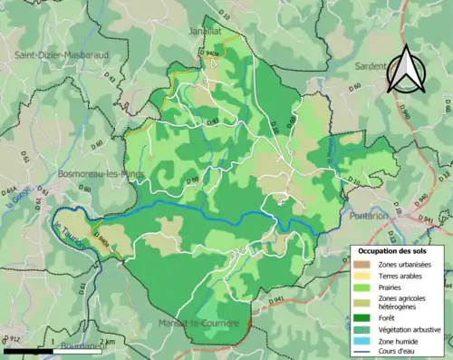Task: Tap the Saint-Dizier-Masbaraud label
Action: coord(56,55)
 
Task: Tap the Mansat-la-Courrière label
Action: coord(196,323)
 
